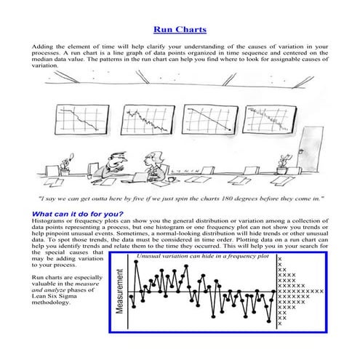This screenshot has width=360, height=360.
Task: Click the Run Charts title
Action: coord(180,30)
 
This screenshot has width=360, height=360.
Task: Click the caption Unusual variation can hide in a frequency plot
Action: coord(203,257)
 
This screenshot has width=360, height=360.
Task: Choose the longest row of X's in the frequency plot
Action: coord(305,291)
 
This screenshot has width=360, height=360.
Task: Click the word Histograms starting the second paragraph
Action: coord(47,220)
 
